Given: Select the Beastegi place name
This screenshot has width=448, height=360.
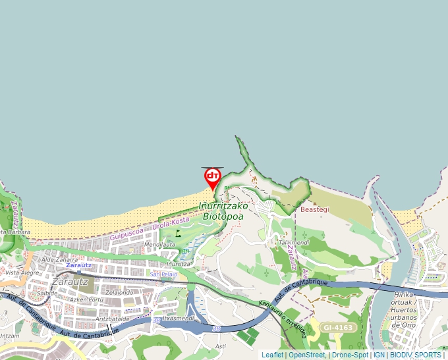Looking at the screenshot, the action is pos(314,209).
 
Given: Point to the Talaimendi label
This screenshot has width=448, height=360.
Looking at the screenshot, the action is pos(294,242).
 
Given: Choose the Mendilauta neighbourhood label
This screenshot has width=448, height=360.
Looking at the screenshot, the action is pos(159,244).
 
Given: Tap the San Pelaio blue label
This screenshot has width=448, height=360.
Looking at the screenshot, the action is pos(164,274).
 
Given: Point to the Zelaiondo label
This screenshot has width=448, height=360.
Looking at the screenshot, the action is pos(119,292).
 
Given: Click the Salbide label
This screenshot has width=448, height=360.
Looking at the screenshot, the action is pos(47,293).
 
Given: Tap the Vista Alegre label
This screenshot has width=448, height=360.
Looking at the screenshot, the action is pos(21,272).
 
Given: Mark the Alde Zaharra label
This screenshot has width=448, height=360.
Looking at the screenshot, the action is pos(59,259).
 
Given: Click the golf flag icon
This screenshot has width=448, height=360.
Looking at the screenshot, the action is pos(178,232).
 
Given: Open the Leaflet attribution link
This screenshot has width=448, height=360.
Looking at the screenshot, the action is pos(272,355).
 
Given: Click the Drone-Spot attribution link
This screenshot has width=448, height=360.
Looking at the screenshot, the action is pos(350,355).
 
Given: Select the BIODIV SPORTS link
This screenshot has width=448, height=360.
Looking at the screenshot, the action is pos(416,355).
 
